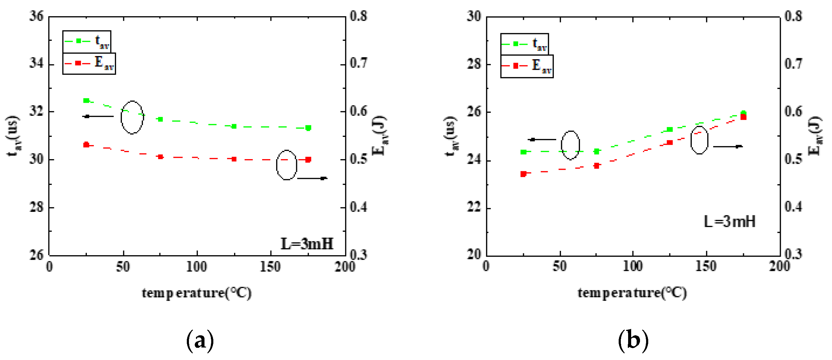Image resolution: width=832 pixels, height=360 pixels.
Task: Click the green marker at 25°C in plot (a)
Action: click(x=86, y=101)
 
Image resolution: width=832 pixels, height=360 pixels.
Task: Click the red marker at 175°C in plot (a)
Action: click(x=308, y=159)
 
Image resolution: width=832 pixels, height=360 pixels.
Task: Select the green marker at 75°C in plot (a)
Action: click(x=160, y=119)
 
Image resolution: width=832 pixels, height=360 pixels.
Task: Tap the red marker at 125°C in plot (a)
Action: click(x=234, y=159)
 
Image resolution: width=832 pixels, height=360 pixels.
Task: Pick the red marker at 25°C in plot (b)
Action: click(x=524, y=174)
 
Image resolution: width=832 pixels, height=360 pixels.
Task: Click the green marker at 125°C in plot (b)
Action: click(x=670, y=130)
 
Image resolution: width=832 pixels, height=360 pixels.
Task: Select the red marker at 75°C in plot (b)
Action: click(x=597, y=166)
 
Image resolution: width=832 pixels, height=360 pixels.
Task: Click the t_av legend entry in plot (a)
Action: click(x=87, y=41)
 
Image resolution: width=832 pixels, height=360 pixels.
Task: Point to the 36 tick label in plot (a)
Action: click(x=36, y=16)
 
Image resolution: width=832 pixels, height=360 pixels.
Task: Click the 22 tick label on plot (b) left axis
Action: click(x=474, y=207)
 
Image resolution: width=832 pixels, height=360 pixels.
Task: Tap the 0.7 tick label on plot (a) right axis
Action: click(x=358, y=63)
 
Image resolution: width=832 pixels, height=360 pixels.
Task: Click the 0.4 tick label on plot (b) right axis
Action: click(x=793, y=207)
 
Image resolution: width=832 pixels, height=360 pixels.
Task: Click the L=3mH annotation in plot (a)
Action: click(x=307, y=244)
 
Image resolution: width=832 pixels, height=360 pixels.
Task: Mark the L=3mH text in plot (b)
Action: click(x=730, y=222)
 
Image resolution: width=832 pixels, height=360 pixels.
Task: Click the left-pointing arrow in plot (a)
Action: click(x=98, y=116)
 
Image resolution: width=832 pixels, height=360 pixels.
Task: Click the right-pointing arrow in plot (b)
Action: click(x=728, y=146)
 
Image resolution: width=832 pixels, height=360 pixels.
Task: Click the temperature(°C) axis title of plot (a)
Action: click(x=196, y=293)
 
